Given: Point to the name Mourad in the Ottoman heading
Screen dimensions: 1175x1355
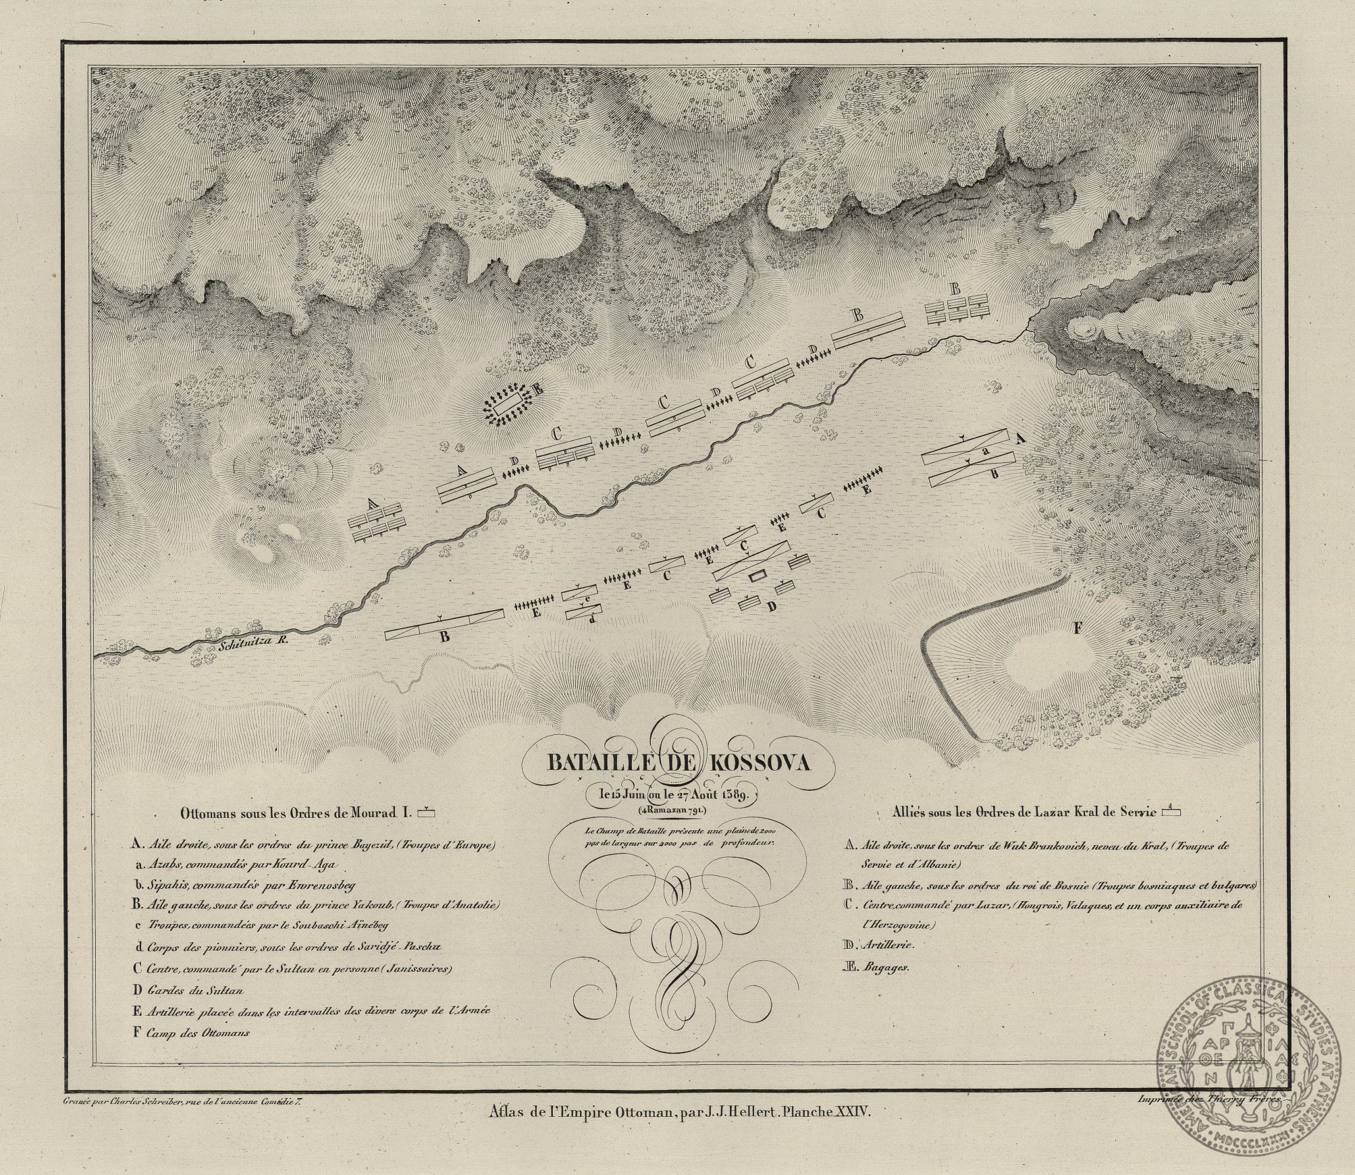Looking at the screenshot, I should point(374,812).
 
